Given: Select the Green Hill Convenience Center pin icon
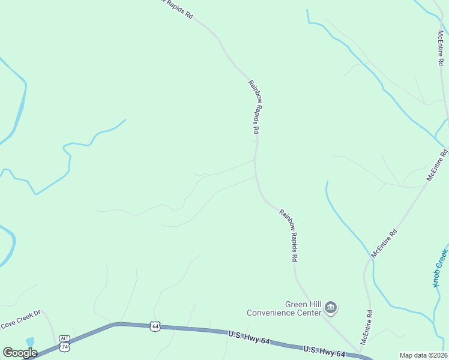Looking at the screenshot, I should (331, 308).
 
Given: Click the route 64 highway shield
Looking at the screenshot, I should (155, 326).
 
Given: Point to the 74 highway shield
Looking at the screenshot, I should (64, 347).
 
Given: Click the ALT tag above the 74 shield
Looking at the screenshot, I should (64, 339).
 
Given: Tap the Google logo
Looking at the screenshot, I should (20, 353).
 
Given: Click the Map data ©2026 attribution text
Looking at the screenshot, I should (423, 355).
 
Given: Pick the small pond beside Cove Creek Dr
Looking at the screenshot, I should (30, 342).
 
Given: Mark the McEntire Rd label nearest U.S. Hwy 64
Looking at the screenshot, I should (366, 328).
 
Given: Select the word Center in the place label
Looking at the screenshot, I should (310, 313).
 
